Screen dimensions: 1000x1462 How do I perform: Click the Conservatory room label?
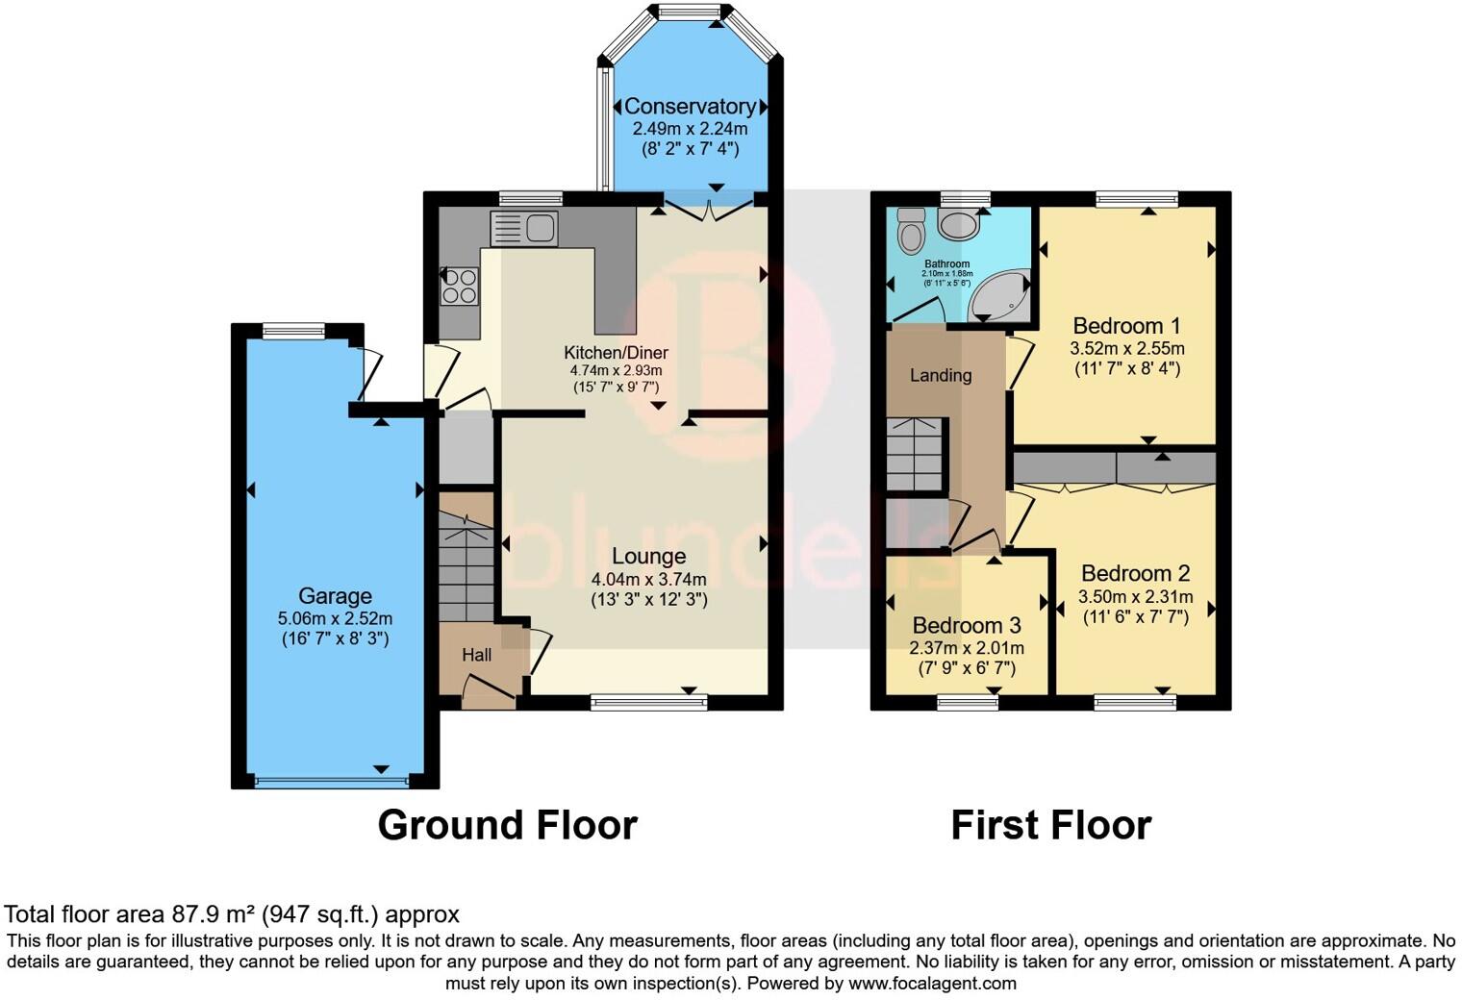click(x=690, y=107)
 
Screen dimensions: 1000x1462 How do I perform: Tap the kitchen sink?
click(x=523, y=229)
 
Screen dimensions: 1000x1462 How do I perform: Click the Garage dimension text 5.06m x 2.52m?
click(x=335, y=618)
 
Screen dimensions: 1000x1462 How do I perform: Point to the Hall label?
click(x=477, y=655)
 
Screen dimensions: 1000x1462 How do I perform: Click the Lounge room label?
click(x=648, y=556)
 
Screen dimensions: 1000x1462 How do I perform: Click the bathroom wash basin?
click(x=958, y=225)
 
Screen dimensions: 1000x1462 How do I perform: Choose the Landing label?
click(x=941, y=375)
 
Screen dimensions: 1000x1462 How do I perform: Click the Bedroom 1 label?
click(x=1126, y=326)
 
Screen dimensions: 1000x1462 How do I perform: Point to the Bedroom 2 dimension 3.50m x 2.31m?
click(x=1136, y=597)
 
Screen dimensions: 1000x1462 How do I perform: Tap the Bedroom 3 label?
click(x=967, y=626)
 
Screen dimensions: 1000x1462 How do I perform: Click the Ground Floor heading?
click(x=507, y=825)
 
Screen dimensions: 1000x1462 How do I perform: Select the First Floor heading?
click(x=1050, y=825)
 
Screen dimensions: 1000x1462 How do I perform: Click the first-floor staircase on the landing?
click(x=916, y=455)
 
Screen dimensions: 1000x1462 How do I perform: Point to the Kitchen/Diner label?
click(x=616, y=352)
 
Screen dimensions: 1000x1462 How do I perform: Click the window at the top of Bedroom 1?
click(x=1136, y=199)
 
